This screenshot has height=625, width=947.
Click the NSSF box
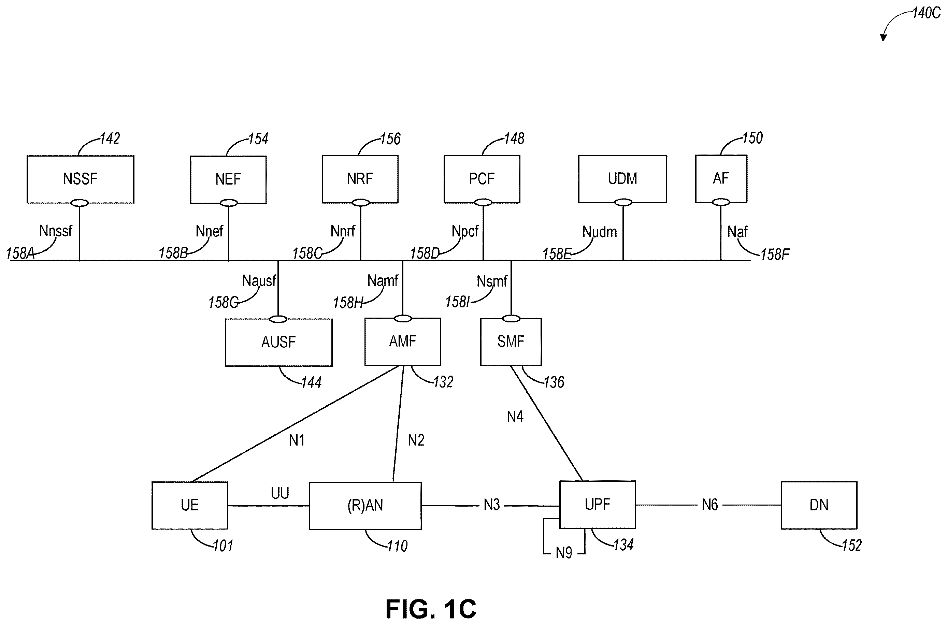81,179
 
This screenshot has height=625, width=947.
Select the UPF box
597,505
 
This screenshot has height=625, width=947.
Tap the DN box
819,505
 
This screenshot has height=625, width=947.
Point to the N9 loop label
564,553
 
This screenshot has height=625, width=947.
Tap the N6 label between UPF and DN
710,505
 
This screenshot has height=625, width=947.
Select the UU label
280,493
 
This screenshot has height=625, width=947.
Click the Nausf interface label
259,281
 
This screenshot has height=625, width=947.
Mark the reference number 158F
775,254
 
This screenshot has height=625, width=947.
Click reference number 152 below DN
852,545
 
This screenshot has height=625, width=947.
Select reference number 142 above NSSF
110,139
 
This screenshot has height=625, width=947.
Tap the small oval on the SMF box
512,319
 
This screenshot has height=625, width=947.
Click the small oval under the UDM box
623,203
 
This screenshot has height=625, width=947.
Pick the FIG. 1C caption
431,609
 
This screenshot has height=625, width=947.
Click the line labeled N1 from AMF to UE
296,424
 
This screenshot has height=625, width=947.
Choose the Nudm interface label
600,232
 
